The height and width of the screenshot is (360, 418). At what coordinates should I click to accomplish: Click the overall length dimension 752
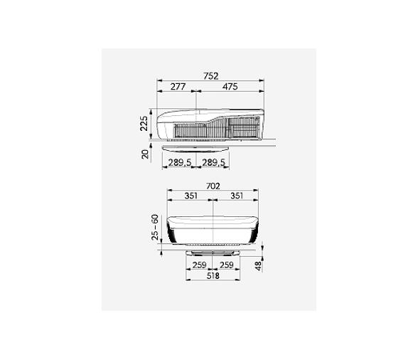pos(210,75)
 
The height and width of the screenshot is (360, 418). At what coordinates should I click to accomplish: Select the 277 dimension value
pos(178,87)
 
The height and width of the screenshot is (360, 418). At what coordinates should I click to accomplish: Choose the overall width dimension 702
pos(213,186)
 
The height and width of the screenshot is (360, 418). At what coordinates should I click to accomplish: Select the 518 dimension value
pos(213,276)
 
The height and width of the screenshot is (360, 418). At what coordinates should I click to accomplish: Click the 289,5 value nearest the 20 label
pos(180,163)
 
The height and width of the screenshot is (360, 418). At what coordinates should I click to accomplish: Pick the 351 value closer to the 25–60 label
pos(191,196)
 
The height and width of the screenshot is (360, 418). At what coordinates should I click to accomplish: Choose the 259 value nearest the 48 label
pos(226,265)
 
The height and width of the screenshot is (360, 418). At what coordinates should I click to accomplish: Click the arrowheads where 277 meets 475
pos(197,92)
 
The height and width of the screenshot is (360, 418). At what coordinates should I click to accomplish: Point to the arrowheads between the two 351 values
pos(213,201)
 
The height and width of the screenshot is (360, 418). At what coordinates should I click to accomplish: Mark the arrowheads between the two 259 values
pos(213,270)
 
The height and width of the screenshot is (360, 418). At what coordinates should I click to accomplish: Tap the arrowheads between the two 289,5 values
pos(197,169)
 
